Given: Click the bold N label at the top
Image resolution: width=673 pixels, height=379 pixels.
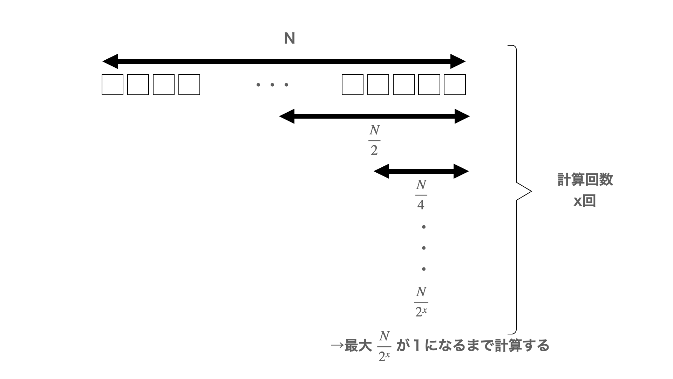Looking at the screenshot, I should pos(289,39).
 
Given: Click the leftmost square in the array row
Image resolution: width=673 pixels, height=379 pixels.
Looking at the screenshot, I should pos(113,85).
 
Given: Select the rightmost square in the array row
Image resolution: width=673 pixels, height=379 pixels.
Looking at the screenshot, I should pos(455,85).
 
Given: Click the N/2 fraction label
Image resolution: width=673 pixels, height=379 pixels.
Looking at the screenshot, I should pos(374,140).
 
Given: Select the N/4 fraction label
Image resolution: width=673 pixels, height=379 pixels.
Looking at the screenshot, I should pos(421,195).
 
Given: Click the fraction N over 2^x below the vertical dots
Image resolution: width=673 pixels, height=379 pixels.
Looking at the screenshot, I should pos(421,302).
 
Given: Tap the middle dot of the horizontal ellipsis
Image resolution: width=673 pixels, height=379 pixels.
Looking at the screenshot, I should pos(272,85).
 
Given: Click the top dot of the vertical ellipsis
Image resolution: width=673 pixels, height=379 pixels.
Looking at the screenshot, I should pos(424,227).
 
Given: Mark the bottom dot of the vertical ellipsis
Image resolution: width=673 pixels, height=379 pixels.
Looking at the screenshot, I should pos(424,269).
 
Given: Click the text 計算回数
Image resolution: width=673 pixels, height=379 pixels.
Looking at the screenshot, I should pos(585,179).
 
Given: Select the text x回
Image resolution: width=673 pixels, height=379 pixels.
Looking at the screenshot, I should pos(585,201).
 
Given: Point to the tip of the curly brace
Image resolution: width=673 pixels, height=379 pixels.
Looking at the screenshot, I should pos(531,192).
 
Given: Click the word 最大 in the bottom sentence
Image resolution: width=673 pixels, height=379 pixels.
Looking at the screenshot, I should pos(358,346).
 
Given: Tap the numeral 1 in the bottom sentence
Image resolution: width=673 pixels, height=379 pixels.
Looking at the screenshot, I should pos(416,346).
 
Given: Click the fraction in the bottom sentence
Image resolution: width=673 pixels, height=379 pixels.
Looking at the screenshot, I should pos(384,346).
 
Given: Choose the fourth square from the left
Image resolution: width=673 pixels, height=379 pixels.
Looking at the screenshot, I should pos(189,85).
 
